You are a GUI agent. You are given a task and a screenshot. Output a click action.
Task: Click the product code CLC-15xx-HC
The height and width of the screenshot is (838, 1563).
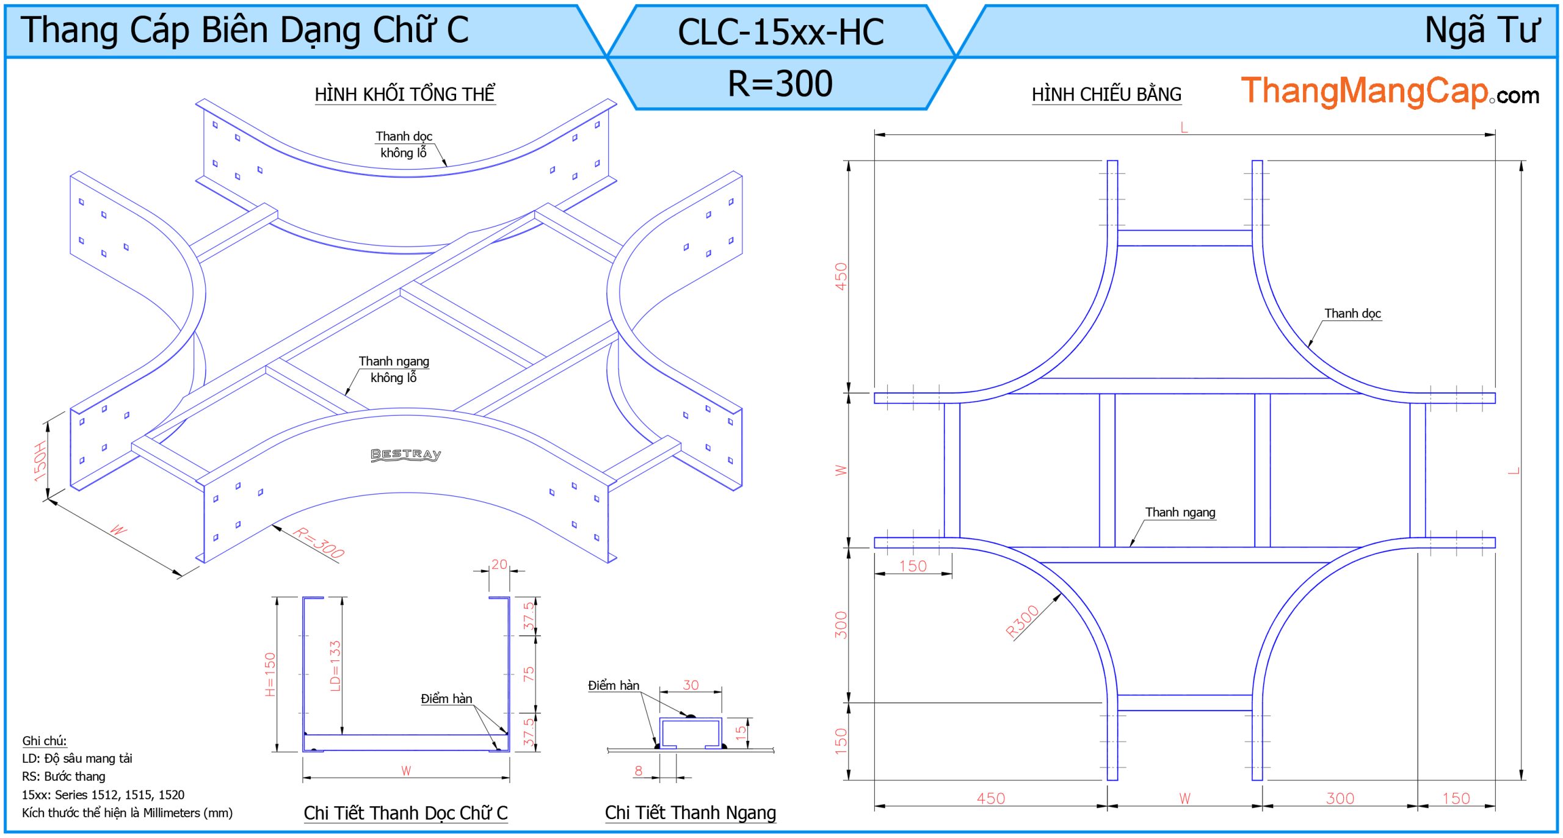(x=780, y=32)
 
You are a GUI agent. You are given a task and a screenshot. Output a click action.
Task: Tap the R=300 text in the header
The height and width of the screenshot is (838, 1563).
(x=780, y=84)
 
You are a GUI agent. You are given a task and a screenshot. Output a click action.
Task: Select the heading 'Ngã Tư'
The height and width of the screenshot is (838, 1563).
(x=1482, y=30)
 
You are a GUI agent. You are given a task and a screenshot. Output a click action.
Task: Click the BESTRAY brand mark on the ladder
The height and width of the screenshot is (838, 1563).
(x=406, y=455)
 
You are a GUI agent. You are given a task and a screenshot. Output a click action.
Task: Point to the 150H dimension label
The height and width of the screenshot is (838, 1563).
(x=40, y=461)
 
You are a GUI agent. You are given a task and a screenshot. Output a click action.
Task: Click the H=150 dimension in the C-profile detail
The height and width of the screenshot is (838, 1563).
(x=270, y=674)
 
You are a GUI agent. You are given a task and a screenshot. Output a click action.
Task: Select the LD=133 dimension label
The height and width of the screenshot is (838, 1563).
(x=335, y=665)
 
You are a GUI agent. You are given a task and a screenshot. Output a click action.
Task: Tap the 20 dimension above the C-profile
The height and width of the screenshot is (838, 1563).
(x=499, y=565)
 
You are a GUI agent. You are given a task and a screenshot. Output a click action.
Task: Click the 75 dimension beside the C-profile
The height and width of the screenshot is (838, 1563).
(x=529, y=674)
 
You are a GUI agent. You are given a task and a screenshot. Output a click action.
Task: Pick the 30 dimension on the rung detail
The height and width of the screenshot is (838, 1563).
(x=691, y=685)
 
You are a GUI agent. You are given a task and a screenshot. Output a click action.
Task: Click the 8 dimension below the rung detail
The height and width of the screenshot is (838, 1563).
(x=639, y=770)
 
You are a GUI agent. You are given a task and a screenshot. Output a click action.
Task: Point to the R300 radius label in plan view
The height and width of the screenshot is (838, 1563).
(x=1022, y=621)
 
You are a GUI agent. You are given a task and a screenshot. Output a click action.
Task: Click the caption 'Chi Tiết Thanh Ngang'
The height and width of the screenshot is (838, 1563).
(x=690, y=813)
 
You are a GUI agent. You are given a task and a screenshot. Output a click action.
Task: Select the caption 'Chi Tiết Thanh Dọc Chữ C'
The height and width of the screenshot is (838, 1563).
(x=405, y=813)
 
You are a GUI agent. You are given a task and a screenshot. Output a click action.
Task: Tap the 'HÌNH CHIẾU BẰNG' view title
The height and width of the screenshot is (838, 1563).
(x=1106, y=95)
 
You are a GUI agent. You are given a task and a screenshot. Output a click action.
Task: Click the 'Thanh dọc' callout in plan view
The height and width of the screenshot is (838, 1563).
(x=1352, y=314)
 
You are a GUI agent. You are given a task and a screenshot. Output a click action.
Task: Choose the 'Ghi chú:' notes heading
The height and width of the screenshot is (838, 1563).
(x=45, y=741)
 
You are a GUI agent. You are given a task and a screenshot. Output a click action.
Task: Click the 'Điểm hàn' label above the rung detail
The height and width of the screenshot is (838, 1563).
(x=614, y=685)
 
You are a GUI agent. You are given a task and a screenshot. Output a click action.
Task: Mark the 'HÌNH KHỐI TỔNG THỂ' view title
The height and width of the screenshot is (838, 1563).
(x=405, y=95)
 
